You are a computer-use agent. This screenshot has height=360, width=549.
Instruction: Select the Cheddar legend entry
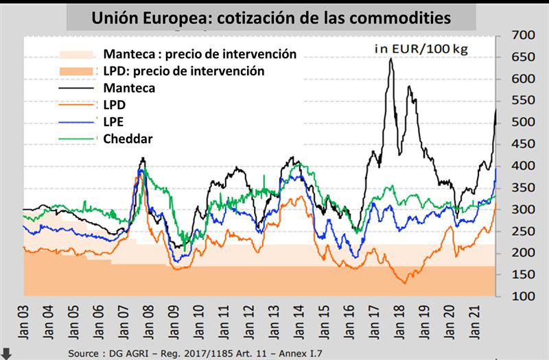(128, 139)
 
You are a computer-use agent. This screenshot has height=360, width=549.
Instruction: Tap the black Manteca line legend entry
(128, 88)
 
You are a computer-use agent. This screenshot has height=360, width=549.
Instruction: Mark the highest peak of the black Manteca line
(391, 59)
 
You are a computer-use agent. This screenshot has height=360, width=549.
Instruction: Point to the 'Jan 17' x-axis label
(371, 322)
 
